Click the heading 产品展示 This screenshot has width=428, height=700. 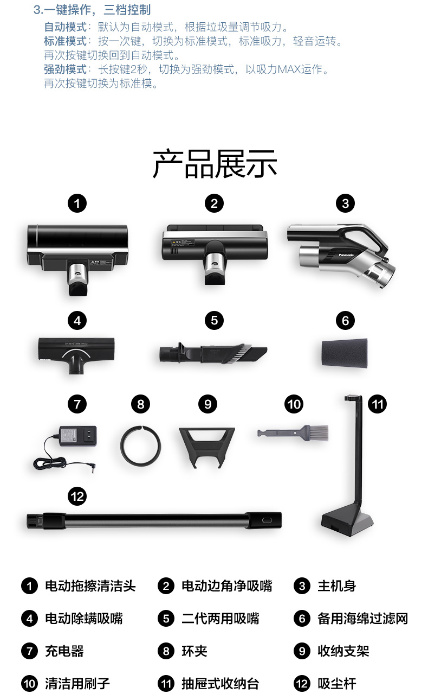pos(215,163)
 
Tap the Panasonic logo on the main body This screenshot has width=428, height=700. pos(346,255)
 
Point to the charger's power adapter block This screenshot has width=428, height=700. pos(77,436)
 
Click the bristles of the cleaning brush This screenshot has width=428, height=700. pos(318,433)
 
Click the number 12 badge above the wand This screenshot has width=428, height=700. pos(77,497)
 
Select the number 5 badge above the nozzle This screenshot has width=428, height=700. pos(214,320)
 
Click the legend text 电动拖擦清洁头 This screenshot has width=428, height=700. pos(90,586)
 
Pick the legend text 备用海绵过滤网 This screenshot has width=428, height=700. pos(362,619)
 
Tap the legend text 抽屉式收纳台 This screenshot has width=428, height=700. pos(221,683)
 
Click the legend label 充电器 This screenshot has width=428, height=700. pos(64,651)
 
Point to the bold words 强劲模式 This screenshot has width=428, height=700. pos(65,69)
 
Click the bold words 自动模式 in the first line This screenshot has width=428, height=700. pos(65,27)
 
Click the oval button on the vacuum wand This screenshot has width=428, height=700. pos(267,520)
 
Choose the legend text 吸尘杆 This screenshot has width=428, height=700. pos(337,683)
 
